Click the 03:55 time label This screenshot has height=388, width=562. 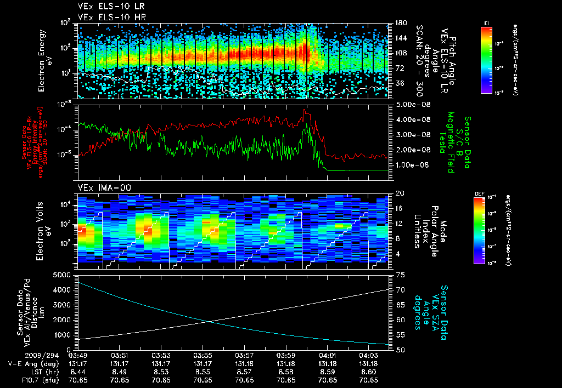(203, 356)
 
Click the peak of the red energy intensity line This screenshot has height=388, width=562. (305, 110)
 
